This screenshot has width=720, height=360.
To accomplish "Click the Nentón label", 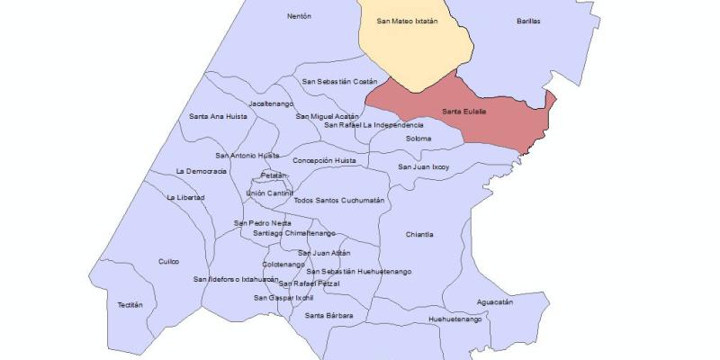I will point(299,16).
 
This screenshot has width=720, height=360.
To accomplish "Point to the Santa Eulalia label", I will point(464,111).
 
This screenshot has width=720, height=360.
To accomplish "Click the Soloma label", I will point(418,139).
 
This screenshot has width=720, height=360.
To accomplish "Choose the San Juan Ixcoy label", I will point(424,166).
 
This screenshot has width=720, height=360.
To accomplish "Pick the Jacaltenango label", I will point(267,103).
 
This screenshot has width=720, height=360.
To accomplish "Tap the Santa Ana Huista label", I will point(218,116).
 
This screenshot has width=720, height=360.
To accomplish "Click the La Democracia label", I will point(202,170).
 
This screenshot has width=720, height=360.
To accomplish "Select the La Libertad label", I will point(185,197).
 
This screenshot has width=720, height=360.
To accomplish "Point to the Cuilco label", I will point(169,261).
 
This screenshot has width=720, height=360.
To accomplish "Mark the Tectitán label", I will point(130,305).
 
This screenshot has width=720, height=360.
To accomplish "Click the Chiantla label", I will point(419,234).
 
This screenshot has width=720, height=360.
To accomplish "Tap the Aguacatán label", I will point(495,302).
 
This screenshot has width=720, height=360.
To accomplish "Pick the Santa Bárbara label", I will point(328,315).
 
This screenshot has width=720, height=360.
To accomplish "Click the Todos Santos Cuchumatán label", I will point(339,200).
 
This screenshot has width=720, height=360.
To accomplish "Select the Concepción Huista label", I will point(325,160).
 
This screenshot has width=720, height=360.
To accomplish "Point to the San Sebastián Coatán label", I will point(340,81).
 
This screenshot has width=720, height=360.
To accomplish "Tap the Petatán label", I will point(274,175).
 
